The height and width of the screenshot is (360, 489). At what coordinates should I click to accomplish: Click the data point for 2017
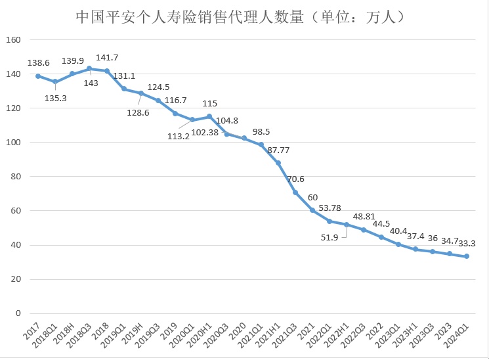tap(38, 76)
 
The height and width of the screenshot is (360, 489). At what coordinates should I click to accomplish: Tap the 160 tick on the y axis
tap(13, 40)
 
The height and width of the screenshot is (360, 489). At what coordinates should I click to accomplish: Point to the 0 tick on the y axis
tap(18, 313)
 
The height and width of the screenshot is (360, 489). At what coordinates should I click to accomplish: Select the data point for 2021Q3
tap(295, 192)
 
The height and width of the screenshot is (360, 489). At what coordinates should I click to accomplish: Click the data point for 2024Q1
tap(467, 256)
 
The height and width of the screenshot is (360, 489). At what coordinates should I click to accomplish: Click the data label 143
tap(91, 83)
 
